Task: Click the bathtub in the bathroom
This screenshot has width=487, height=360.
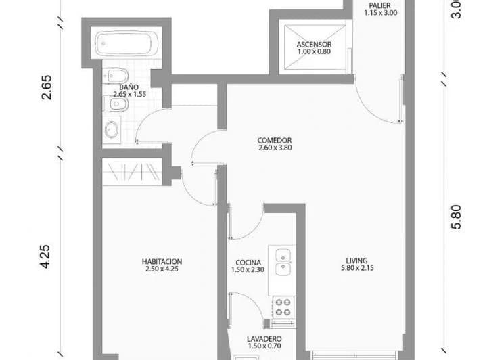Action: click(126, 43)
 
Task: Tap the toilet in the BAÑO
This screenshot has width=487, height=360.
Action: click(116, 76)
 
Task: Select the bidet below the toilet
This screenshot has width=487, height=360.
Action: click(116, 104)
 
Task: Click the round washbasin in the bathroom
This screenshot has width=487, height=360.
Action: click(112, 129)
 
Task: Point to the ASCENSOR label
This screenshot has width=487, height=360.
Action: click(314, 45)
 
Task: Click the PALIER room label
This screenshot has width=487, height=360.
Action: click(380, 5)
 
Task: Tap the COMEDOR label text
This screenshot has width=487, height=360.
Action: click(275, 140)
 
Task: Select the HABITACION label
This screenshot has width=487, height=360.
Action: click(162, 261)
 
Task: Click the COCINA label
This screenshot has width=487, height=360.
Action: click(248, 263)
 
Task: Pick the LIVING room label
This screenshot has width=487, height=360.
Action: click(357, 261)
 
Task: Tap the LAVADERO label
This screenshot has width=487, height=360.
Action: click(264, 339)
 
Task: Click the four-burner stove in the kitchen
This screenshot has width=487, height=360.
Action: click(283, 307)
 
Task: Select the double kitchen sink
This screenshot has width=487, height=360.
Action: click(283, 263)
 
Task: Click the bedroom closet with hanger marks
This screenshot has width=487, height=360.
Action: click(133, 172)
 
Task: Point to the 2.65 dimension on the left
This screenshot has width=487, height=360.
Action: click(47, 87)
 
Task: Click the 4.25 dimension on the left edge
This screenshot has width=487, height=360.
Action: click(45, 256)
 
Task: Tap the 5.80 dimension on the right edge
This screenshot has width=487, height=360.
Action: click(457, 217)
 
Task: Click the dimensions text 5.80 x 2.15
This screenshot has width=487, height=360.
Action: click(358, 268)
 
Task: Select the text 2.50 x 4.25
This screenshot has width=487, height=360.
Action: click(162, 269)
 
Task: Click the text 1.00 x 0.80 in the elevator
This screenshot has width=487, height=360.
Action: click(314, 51)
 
